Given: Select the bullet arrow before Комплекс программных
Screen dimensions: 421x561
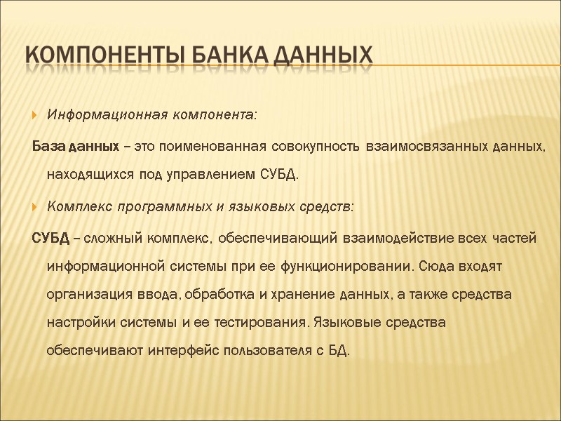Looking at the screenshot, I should click(x=34, y=208).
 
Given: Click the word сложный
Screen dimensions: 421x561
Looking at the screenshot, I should click(x=114, y=240).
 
